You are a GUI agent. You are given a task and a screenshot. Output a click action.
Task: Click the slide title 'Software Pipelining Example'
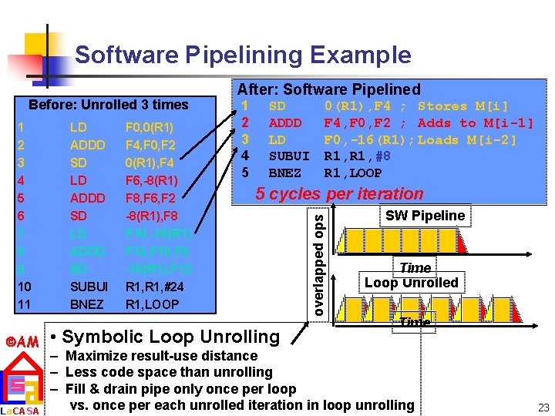tap(243, 55)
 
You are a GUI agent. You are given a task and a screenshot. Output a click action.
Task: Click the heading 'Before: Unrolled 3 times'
tap(108, 104)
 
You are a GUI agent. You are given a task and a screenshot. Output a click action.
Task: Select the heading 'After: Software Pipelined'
tap(328, 89)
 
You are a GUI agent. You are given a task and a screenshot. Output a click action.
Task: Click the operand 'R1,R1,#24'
tap(152, 287)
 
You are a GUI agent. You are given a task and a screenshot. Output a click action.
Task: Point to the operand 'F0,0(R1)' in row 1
tap(149, 127)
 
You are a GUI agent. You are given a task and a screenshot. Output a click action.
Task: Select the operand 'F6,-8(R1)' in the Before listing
tap(151, 180)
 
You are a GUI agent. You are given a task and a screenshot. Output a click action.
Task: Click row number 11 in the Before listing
tap(23, 304)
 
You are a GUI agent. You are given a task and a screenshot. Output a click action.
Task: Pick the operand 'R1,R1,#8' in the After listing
tap(357, 156)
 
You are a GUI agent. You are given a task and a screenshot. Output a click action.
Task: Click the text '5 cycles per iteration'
tap(339, 194)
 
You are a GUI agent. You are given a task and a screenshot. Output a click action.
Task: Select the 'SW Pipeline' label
tap(425, 216)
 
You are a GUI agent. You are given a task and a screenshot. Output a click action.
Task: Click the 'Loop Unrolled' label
tap(412, 283)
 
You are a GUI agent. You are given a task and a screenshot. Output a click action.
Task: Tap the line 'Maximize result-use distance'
tap(161, 356)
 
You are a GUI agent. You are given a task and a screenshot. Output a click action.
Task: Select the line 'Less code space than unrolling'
tap(169, 372)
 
